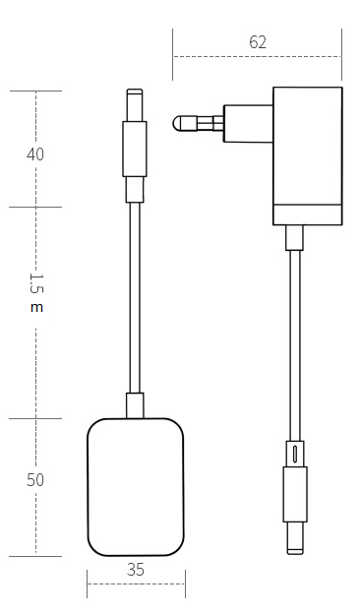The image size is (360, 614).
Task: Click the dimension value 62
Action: (x=258, y=42)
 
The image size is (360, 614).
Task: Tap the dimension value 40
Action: (x=35, y=154)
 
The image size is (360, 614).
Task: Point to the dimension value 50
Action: (x=35, y=480)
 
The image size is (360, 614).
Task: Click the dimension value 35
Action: (x=136, y=570)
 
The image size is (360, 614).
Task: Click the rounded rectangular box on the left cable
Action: (x=136, y=487)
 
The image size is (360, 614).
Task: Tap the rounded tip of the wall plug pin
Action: (x=177, y=124)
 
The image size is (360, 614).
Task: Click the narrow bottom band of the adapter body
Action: (x=308, y=215)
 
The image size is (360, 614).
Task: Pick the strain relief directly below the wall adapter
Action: (x=294, y=238)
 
